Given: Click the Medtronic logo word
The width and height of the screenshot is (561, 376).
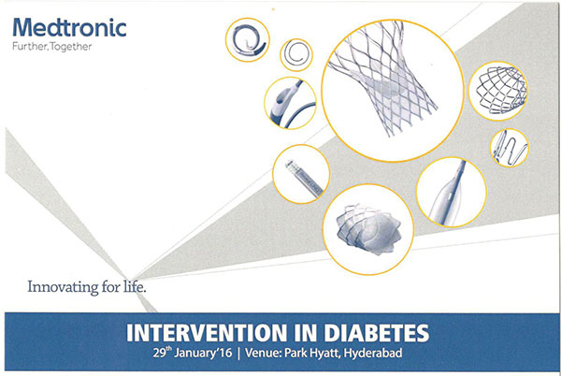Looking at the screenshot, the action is [69, 27].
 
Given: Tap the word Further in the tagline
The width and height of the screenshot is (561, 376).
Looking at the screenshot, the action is [30, 47].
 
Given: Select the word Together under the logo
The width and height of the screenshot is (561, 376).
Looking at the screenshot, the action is [71, 47].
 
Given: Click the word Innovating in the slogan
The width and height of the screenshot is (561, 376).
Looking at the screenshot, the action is [63, 287].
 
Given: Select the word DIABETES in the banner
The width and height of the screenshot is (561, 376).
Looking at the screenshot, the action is [376, 333].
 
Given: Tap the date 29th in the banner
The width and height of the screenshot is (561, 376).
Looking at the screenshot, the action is [163, 353].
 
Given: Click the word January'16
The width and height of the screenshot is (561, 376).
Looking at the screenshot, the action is [203, 354].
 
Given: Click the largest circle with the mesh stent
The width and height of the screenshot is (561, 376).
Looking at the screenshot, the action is [393, 91].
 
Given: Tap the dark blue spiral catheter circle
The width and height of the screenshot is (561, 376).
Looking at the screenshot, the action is [247, 39].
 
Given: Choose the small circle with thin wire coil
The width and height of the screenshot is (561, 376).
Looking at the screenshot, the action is [296, 55].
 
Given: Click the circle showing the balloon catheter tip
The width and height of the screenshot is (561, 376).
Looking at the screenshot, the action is [452, 192].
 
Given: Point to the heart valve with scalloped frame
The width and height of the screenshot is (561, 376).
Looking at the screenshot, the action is [368, 229].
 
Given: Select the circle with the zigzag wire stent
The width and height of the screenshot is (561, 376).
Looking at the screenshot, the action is [510, 148].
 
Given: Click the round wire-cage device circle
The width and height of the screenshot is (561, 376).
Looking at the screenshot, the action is [498, 91].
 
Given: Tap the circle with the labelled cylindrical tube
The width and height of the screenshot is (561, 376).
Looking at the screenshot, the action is [301, 174].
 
